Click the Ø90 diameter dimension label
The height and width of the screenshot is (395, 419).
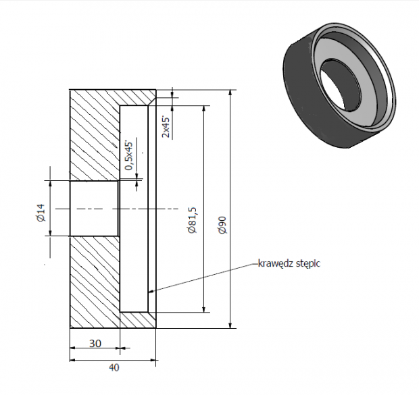[x=222, y=226]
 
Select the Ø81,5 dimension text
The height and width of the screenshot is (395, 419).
[x=192, y=220]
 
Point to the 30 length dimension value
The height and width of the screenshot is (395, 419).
[x=95, y=343]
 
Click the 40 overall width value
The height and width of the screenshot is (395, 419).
[x=114, y=367]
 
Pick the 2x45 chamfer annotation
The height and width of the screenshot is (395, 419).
[x=166, y=126]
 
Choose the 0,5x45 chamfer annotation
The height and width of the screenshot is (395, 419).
[x=129, y=156]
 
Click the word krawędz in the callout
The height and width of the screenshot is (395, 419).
[x=276, y=263]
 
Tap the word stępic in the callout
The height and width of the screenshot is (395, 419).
[x=308, y=264]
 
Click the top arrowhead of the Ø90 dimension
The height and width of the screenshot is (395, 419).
[x=230, y=93]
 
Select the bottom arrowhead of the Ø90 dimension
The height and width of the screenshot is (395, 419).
[x=230, y=325]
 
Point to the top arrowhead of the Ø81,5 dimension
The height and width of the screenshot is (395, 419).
[x=204, y=109]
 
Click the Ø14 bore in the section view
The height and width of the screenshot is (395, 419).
[x=94, y=209]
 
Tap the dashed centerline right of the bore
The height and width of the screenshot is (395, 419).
[x=149, y=209]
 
